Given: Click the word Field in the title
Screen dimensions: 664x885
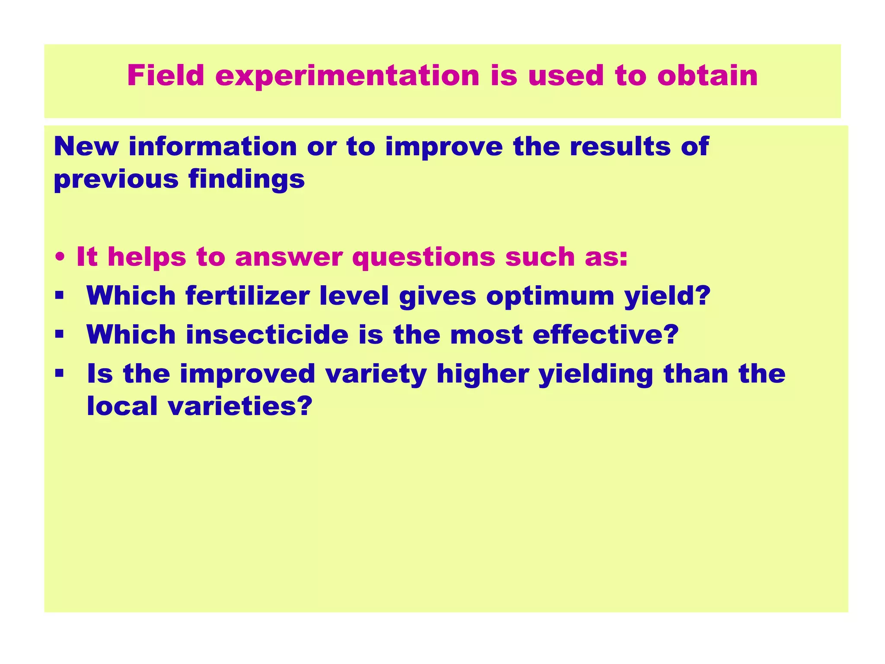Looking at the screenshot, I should [166, 76].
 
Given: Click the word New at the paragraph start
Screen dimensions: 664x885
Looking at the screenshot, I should [86, 147].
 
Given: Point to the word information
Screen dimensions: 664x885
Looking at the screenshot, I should [213, 147].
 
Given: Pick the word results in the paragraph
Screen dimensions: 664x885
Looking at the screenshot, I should [620, 147].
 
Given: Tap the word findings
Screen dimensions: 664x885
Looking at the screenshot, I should [246, 179].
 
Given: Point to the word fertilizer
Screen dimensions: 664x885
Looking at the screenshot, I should [248, 296].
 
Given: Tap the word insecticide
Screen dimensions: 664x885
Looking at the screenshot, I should [267, 335].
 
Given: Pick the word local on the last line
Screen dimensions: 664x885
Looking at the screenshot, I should [122, 406].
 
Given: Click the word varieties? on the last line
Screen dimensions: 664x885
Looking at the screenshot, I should [240, 406].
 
